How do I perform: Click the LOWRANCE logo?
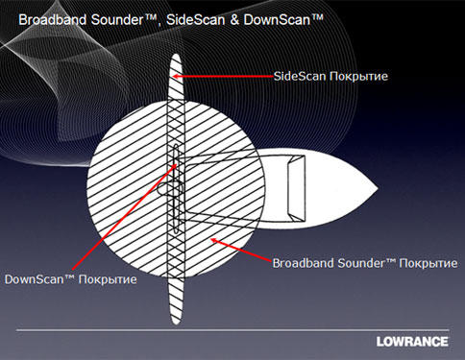click(x=412, y=342)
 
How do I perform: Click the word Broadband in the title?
click(x=53, y=20)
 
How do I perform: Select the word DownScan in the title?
click(x=277, y=20)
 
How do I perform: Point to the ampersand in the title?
click(x=234, y=20)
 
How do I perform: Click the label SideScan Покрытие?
click(x=330, y=76)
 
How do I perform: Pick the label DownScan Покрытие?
click(x=71, y=279)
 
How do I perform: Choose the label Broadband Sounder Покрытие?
click(x=365, y=263)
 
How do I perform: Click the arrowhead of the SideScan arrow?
click(x=176, y=76)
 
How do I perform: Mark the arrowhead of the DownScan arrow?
click(x=175, y=166)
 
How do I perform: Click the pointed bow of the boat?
click(x=377, y=188)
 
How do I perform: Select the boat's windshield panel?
click(x=296, y=188)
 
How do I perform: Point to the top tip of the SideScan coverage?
click(x=176, y=54)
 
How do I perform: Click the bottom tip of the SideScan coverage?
click(x=176, y=324)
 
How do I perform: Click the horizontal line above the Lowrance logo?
click(x=232, y=330)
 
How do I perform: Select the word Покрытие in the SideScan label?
click(x=359, y=77)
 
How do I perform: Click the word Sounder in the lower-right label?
click(x=361, y=263)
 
